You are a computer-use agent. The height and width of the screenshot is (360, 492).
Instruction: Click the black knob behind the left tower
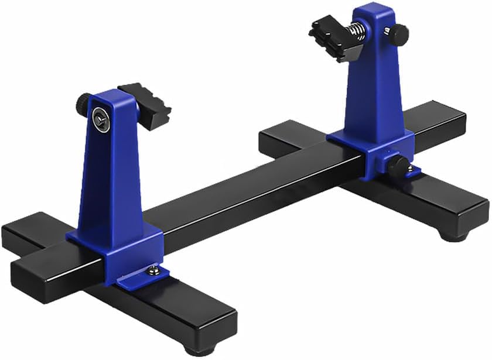[x=83, y=104]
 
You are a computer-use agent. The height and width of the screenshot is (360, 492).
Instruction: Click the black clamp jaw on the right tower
[x=330, y=36]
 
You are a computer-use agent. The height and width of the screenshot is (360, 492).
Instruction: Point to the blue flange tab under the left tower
[x=141, y=275]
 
